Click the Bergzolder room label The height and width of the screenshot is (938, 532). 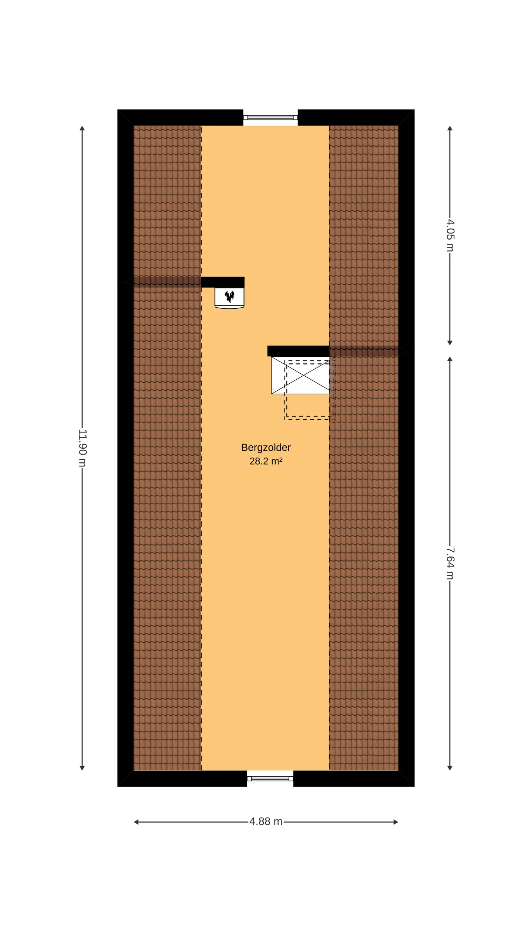click(266, 448)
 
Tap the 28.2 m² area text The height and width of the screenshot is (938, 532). click(266, 461)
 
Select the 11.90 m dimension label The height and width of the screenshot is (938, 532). click(82, 448)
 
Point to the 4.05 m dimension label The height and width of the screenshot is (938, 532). click(450, 235)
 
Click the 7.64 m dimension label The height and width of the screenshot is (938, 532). click(450, 563)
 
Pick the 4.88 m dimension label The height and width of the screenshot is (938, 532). click(266, 821)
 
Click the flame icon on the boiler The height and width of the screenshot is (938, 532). click(229, 296)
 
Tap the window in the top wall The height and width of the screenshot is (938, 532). click(270, 117)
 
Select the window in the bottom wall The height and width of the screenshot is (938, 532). click(270, 778)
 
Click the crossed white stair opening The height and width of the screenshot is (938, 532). click(300, 375)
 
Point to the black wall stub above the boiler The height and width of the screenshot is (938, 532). click(223, 282)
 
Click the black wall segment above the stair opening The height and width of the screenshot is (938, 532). click(298, 351)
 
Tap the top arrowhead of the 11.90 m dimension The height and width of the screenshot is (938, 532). click(82, 128)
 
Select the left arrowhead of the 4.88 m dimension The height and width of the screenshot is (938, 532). click(136, 822)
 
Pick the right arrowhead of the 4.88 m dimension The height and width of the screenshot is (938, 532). click(396, 822)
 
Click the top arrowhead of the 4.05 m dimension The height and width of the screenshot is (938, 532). click(450, 128)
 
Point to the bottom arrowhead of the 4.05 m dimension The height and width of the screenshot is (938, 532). click(450, 343)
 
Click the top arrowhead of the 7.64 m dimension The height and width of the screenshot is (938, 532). click(450, 359)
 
